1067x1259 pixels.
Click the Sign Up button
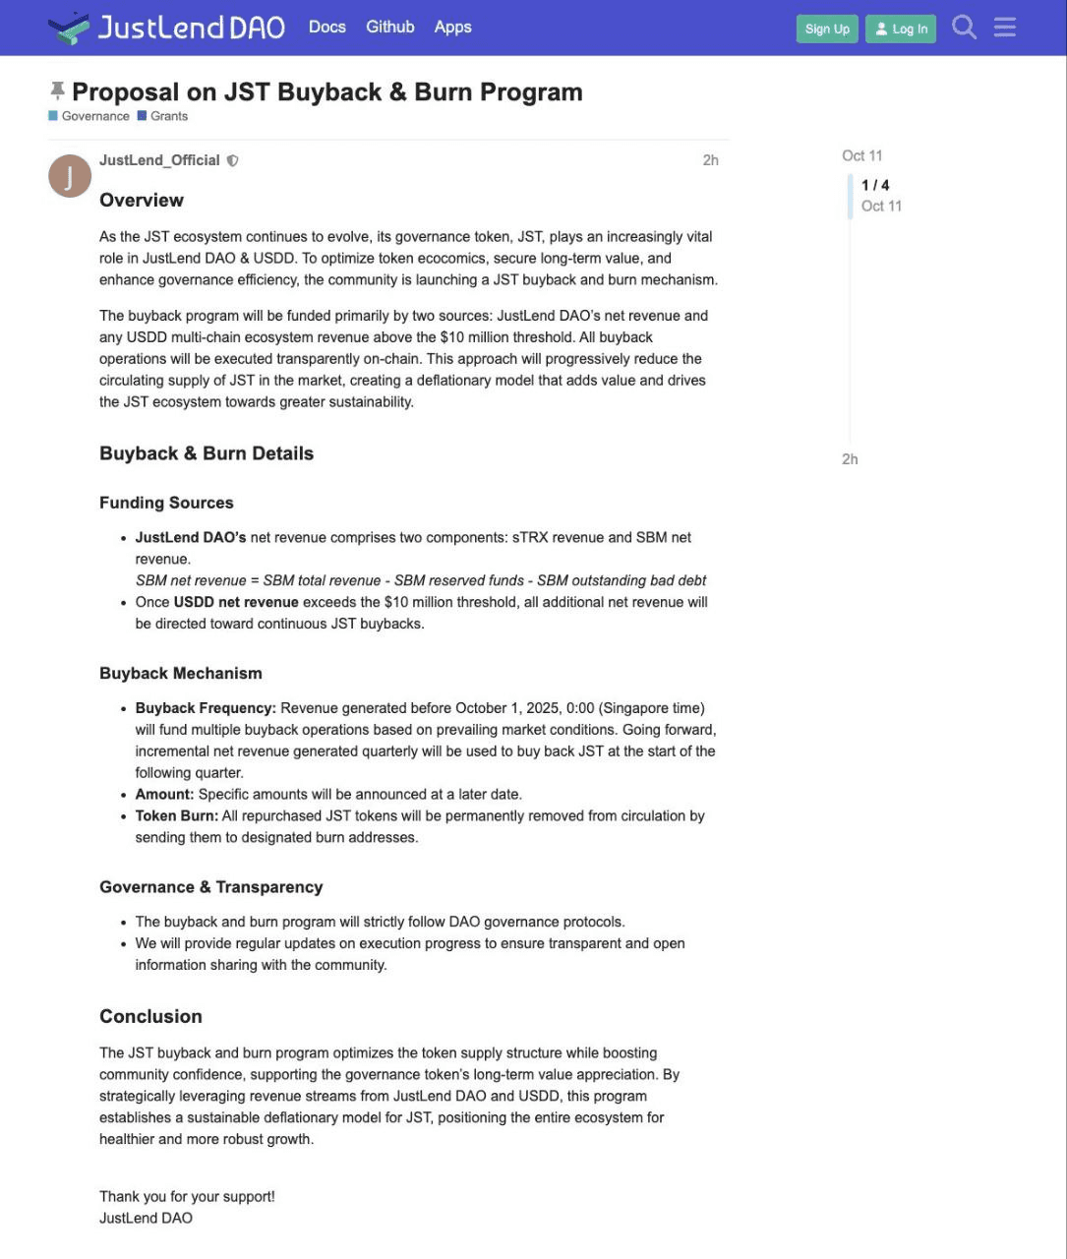(827, 29)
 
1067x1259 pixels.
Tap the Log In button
(901, 29)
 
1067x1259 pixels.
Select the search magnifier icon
(964, 28)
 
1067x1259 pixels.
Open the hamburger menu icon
(1004, 28)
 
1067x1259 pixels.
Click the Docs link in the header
(327, 27)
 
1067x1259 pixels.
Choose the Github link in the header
(390, 27)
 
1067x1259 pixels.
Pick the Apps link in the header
(453, 27)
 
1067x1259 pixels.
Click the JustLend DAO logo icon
(68, 28)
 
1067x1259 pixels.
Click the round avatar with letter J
(70, 176)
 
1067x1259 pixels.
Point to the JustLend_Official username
(159, 160)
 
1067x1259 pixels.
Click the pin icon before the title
(57, 91)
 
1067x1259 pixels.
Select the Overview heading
(142, 200)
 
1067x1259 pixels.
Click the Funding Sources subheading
(166, 503)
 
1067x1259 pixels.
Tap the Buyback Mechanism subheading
(181, 673)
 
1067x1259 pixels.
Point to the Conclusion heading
(150, 1016)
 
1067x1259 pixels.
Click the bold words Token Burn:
(177, 815)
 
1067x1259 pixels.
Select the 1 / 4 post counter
(875, 185)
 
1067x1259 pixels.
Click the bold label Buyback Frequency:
(206, 708)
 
